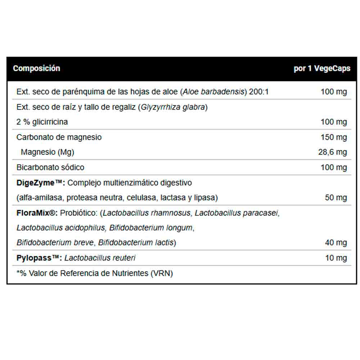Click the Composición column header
click(x=36, y=68)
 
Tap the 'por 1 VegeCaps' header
click(x=322, y=68)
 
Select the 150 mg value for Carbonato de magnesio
click(x=334, y=137)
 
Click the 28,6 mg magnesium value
click(x=332, y=152)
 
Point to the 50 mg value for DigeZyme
click(x=336, y=198)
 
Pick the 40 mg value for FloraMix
click(x=336, y=243)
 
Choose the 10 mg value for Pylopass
click(x=336, y=258)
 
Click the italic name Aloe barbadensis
click(x=213, y=92)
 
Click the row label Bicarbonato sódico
click(x=50, y=167)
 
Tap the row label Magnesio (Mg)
click(x=47, y=152)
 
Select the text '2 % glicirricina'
click(x=42, y=122)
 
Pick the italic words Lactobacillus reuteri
click(x=100, y=258)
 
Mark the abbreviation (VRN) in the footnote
click(x=161, y=274)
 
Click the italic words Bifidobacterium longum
click(x=151, y=228)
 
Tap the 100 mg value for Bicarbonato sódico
click(x=334, y=167)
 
